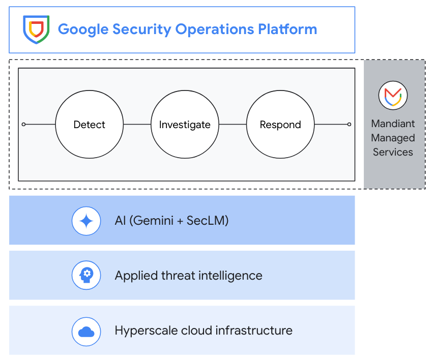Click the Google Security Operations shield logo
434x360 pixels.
click(36, 29)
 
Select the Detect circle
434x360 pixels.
click(89, 125)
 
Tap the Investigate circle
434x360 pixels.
click(185, 125)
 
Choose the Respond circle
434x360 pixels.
click(280, 125)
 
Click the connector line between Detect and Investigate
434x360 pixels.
click(137, 125)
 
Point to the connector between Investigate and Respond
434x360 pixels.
click(233, 125)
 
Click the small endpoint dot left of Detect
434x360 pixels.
click(23, 125)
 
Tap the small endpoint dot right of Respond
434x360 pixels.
click(349, 125)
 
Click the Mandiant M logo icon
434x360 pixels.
click(393, 95)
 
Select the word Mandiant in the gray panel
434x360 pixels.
click(393, 124)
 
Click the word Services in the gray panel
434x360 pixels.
click(393, 152)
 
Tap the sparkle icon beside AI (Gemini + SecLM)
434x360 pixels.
click(86, 221)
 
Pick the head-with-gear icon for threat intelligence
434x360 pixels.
click(86, 276)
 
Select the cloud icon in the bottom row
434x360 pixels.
click(86, 331)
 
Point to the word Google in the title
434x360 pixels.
click(83, 29)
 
